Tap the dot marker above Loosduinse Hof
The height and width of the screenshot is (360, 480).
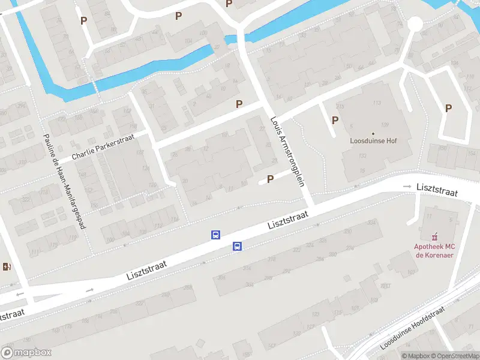373,133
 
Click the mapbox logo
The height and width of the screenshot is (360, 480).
26,353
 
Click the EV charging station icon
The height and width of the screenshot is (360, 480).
8,266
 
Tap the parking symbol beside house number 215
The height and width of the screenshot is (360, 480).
335,120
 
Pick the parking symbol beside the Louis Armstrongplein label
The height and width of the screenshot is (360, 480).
270,179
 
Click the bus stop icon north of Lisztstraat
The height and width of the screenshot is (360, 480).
215,235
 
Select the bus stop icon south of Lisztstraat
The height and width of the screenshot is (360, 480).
238,246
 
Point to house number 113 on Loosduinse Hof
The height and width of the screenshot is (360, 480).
377,103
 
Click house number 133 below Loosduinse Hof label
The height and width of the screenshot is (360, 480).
362,156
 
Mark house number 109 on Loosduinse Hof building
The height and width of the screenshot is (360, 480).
384,125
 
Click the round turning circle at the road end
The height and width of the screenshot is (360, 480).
415,24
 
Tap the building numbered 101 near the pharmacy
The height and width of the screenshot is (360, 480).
430,214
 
